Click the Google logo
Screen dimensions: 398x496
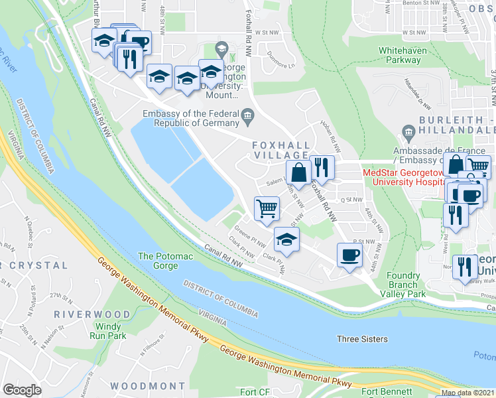(23, 390)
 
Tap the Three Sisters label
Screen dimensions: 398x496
(362, 339)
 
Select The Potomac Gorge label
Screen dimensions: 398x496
(158, 261)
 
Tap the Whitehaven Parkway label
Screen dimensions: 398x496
(400, 55)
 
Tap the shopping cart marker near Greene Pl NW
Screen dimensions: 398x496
(267, 208)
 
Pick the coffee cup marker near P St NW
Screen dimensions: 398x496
(349, 255)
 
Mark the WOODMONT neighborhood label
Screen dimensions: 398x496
(147, 385)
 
